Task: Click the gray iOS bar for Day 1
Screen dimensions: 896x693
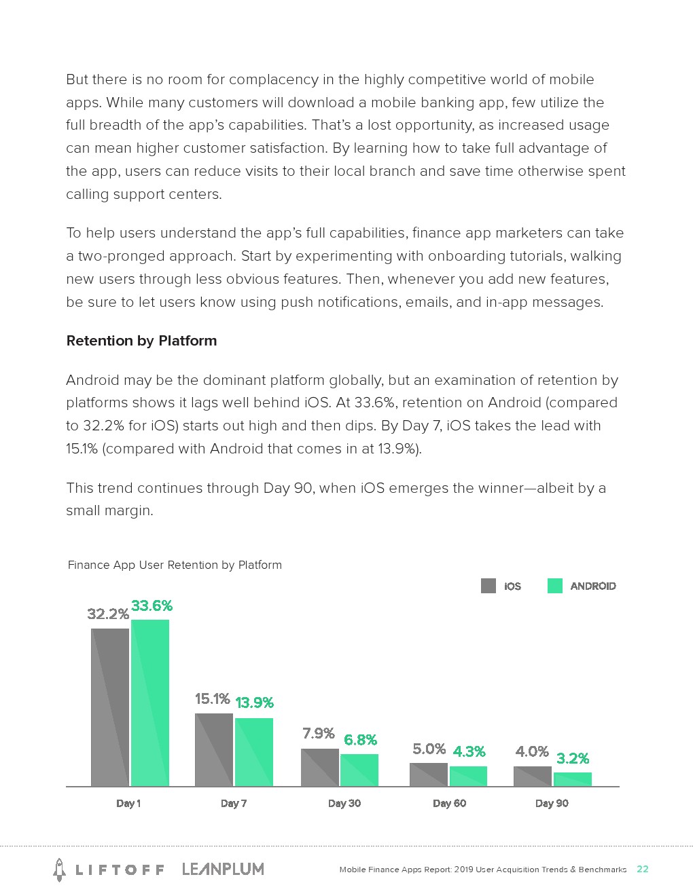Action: coord(109,707)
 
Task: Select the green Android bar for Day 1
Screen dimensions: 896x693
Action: coord(149,703)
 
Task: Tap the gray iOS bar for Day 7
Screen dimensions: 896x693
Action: coord(213,749)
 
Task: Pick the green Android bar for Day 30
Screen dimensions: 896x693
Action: coord(359,770)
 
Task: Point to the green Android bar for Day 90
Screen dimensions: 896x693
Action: coord(572,779)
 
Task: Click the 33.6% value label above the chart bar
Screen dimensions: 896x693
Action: coord(152,605)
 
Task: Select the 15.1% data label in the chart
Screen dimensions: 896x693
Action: coord(212,698)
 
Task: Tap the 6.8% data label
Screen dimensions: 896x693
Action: coord(360,740)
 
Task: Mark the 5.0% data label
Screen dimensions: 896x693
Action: coord(429,749)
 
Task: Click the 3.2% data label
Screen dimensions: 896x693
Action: coord(572,758)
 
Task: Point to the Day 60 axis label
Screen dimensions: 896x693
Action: coord(449,803)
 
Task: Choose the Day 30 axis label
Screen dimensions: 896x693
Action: coord(344,803)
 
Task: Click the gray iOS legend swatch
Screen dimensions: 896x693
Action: coord(488,586)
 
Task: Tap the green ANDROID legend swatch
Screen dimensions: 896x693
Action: coord(554,586)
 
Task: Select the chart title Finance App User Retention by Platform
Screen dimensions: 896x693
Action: coord(175,565)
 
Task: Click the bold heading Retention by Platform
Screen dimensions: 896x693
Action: coord(141,341)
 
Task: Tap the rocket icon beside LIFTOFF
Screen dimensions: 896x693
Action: coord(60,870)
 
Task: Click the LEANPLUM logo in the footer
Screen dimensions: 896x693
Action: coord(223,869)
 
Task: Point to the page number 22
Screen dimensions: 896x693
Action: coord(642,869)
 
